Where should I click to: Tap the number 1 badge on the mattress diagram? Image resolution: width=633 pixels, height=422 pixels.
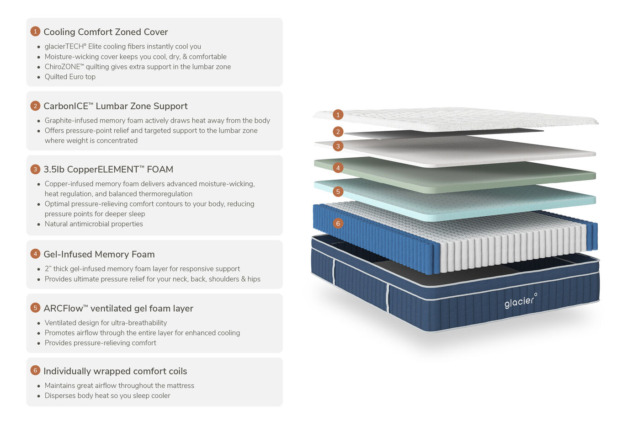coord(338,115)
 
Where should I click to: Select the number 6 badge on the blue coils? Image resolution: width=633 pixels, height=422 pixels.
coord(338,224)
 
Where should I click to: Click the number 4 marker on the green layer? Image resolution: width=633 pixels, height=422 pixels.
coord(338,168)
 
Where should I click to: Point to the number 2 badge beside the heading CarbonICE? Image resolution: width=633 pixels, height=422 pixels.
coord(35,106)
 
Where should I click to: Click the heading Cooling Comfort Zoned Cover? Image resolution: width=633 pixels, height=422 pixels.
coord(106,32)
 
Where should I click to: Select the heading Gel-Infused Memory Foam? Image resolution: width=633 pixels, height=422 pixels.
coord(99,254)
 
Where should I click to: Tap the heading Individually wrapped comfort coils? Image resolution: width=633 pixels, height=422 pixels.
coord(115,371)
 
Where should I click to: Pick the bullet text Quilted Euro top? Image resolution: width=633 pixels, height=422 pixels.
coord(70,77)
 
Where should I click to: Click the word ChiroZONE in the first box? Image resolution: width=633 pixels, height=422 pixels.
coord(62,67)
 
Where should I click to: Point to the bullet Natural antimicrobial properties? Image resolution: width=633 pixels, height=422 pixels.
coord(94,224)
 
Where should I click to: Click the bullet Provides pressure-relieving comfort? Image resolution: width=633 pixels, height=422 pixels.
coord(100,343)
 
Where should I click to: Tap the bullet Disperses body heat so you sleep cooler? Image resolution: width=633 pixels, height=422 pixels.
coord(107,396)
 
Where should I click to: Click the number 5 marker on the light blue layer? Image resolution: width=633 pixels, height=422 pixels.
coord(338,192)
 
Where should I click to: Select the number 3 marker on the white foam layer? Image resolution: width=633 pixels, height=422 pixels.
coord(338,146)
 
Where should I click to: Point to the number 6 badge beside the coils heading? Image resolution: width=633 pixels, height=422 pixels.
coord(35,370)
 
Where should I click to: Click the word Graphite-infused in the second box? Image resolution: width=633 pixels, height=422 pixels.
coord(71,121)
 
